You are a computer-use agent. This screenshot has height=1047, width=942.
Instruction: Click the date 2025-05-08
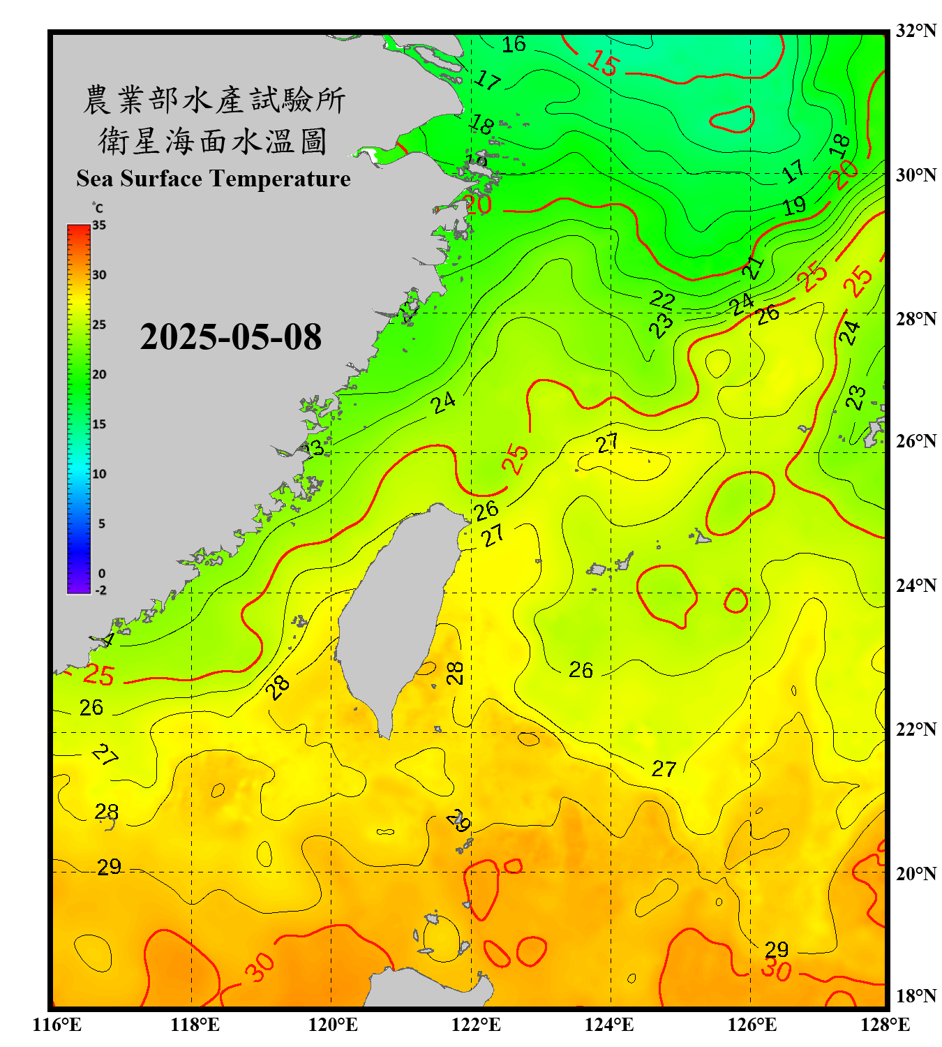[230, 337]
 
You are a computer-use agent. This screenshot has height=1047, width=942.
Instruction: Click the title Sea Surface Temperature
[214, 179]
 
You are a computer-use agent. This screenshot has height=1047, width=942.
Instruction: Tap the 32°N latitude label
[915, 31]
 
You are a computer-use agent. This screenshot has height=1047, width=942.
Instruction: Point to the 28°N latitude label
[915, 319]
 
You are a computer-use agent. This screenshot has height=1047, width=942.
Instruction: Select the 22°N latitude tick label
[915, 729]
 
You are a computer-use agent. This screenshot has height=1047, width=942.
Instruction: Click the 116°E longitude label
[57, 1025]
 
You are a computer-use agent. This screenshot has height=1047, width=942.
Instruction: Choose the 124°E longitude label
[609, 1025]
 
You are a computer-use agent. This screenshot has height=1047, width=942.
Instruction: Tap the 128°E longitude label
[885, 1025]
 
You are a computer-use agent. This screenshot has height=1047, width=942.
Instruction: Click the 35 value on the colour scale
[99, 225]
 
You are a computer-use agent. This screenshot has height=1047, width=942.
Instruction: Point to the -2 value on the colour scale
[100, 590]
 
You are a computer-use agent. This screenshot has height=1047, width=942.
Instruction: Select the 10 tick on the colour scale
[99, 474]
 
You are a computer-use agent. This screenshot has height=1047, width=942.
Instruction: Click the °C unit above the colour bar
[98, 208]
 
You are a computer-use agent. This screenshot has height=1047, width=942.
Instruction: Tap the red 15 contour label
[603, 64]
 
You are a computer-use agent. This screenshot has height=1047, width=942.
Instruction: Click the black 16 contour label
[514, 45]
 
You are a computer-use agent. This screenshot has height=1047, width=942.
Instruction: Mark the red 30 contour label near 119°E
[259, 967]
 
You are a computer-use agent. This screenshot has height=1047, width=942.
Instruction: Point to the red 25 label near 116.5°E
[98, 674]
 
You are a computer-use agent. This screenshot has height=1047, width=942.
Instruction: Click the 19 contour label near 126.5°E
[794, 206]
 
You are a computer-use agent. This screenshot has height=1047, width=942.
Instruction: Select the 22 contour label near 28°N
[662, 300]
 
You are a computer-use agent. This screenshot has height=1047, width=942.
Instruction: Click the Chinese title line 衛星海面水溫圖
[213, 141]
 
